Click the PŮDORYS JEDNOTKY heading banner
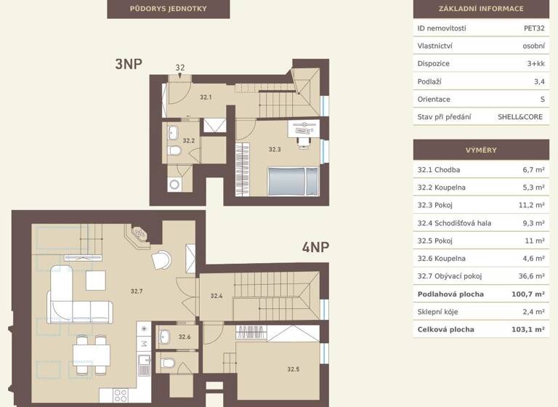(x=168, y=9)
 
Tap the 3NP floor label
(x=128, y=64)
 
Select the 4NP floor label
(x=315, y=247)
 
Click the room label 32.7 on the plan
(x=137, y=291)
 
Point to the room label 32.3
(x=274, y=149)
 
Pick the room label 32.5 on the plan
(x=293, y=369)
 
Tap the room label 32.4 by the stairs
(x=217, y=296)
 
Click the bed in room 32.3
(x=292, y=180)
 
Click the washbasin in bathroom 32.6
(x=164, y=336)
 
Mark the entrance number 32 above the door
(x=180, y=68)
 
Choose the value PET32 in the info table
(x=534, y=28)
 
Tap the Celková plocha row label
(x=445, y=329)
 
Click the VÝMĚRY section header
(x=480, y=150)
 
